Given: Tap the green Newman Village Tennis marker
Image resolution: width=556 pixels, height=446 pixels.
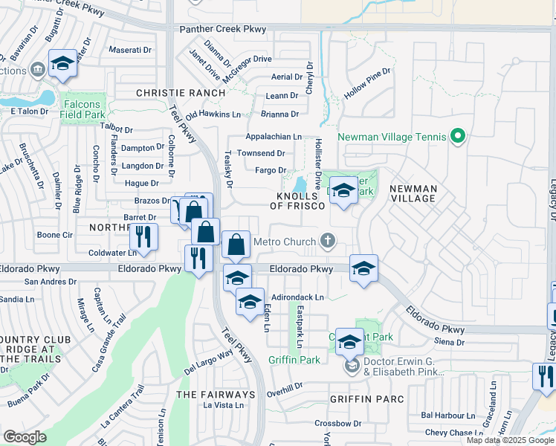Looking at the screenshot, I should click(458, 137).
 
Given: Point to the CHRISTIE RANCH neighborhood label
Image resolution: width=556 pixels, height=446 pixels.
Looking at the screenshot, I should click(180, 93).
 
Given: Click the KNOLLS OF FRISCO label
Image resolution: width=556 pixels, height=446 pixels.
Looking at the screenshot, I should click(300, 201).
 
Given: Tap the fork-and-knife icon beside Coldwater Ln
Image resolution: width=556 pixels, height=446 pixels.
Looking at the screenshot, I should click(143, 237).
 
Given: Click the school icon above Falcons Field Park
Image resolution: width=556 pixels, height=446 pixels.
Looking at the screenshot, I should click(62, 64).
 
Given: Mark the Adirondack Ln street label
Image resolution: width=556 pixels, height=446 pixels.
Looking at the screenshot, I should click(297, 297).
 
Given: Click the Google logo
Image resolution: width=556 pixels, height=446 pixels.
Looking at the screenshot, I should click(25, 437).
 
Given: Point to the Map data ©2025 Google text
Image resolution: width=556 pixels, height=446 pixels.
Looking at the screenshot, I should click(510, 440).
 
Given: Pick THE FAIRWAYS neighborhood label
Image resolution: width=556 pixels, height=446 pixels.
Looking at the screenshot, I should click(216, 394).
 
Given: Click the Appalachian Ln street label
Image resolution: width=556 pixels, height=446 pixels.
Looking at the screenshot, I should click(274, 137).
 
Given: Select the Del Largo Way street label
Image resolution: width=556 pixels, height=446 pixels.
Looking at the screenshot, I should click(209, 363).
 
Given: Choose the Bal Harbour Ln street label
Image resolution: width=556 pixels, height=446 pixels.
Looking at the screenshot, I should click(447, 416).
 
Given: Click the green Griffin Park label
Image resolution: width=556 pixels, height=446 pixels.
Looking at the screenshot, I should click(294, 360).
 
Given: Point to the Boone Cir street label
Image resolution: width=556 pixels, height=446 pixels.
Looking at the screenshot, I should click(54, 235).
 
